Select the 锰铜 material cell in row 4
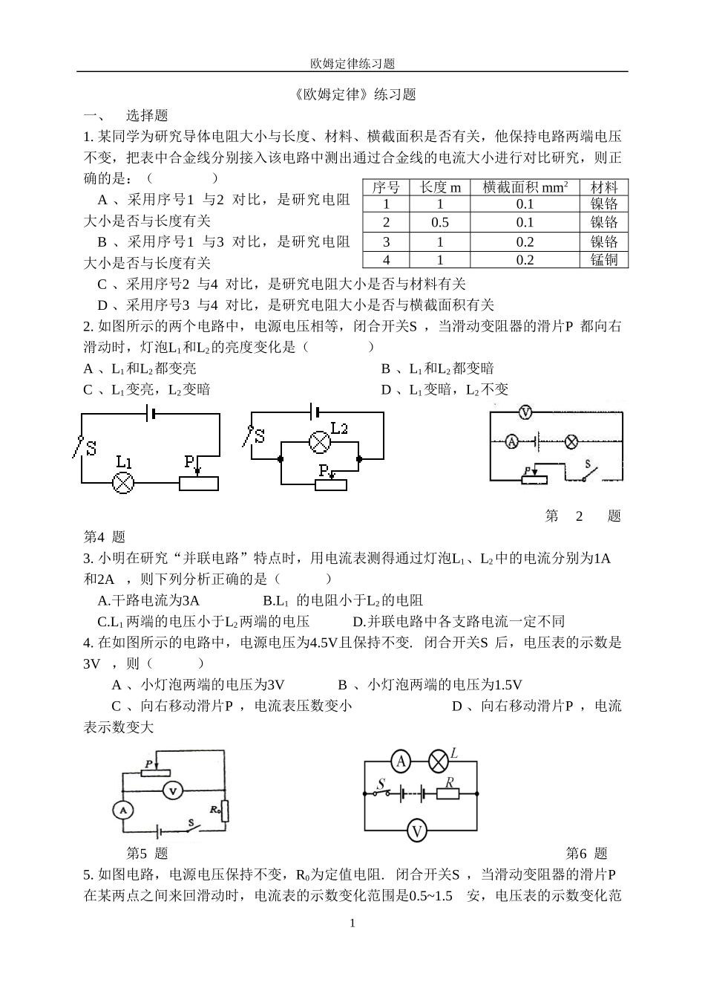(604, 259)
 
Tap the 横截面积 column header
(525, 187)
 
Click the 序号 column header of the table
(385, 187)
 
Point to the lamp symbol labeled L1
(122, 483)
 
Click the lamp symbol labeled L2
(319, 443)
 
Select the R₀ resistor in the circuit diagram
(225, 811)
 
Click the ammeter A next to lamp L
(401, 761)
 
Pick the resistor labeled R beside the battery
(447, 793)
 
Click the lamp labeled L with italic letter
(439, 761)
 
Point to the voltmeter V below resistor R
(418, 830)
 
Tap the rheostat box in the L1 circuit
(199, 483)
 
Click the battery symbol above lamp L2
(314, 411)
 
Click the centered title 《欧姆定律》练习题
(352, 94)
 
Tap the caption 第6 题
(586, 854)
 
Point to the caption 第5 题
(147, 854)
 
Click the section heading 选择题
(147, 115)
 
